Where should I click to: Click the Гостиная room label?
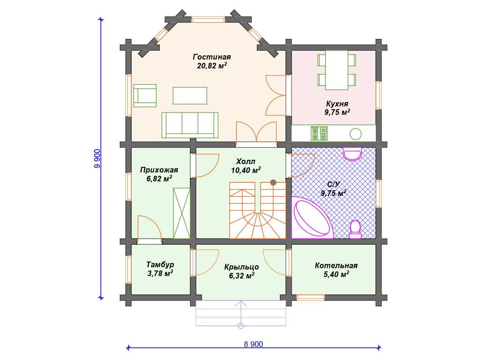point(212,57)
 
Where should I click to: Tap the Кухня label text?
point(337,104)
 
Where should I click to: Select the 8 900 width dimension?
point(254,344)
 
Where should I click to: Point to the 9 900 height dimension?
point(97,158)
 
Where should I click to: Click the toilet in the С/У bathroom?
point(355,230)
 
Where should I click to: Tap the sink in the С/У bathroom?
point(352,154)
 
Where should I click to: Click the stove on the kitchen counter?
point(319,134)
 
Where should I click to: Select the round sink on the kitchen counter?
point(355,134)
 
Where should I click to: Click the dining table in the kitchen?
point(337,70)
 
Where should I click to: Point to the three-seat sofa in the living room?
point(190,125)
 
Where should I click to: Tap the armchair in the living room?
point(145,96)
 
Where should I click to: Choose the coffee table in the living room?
point(190,96)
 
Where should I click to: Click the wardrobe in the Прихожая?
point(181,213)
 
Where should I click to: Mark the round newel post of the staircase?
point(273,182)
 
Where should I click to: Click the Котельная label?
point(336,265)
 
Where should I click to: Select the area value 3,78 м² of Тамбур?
point(160,273)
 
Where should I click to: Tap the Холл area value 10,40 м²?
point(246,170)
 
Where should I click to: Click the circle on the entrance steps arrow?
point(241,326)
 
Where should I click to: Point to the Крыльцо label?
point(241,267)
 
